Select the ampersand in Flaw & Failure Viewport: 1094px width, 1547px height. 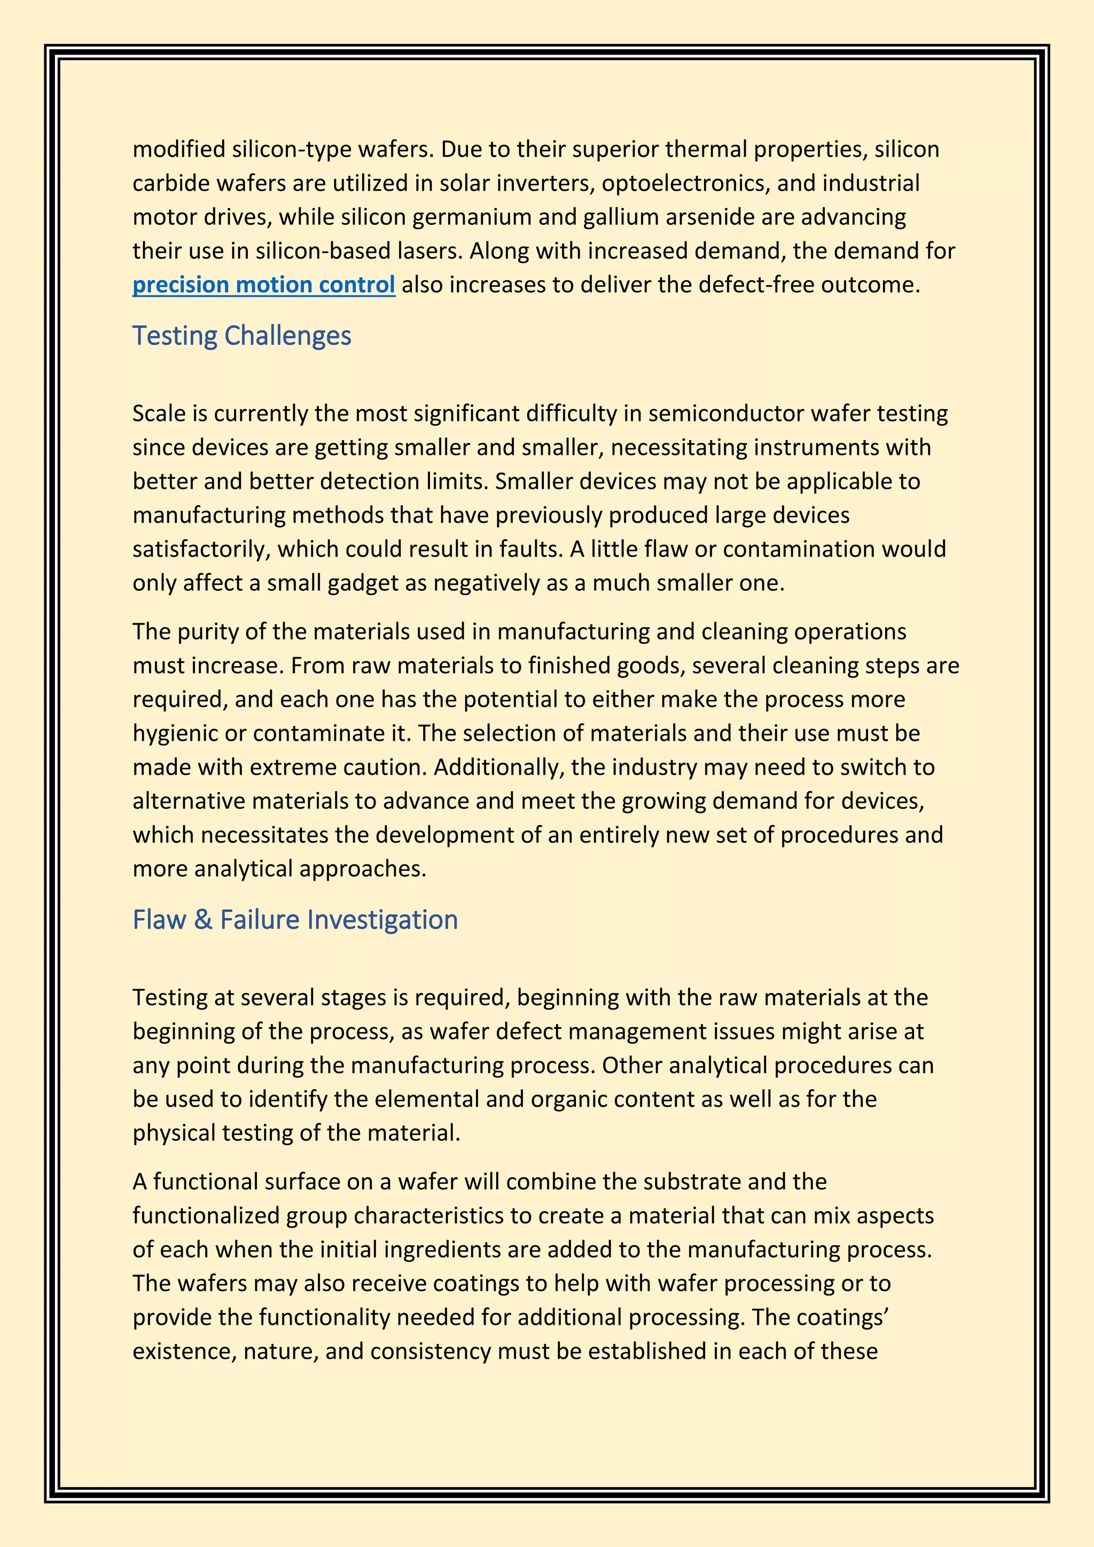tap(203, 920)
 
